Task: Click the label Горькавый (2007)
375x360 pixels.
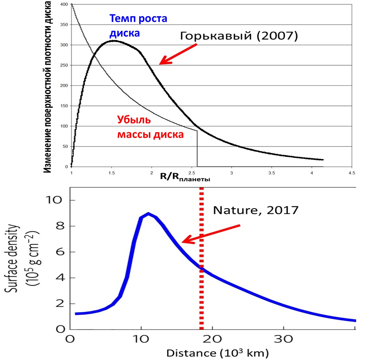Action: tap(239, 36)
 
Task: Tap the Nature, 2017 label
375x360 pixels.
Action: tap(256, 210)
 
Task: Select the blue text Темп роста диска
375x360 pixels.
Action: tap(138, 26)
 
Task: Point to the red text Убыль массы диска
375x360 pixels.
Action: tap(150, 127)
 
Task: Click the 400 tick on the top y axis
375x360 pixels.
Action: tap(65, 5)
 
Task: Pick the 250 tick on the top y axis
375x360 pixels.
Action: tap(65, 65)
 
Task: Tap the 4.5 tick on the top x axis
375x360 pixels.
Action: tap(352, 173)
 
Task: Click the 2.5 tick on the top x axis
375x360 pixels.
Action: tap(191, 173)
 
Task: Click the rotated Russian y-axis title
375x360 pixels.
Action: tap(47, 87)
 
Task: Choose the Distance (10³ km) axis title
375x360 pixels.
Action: tap(217, 353)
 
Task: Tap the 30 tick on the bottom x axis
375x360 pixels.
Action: tap(284, 339)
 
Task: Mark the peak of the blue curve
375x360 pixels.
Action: tap(148, 213)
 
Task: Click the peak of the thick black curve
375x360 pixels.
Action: tap(113, 40)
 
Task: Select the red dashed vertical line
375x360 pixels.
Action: tap(201, 258)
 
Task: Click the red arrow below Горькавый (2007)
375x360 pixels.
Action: tap(178, 54)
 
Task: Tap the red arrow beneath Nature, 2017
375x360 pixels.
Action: tap(211, 234)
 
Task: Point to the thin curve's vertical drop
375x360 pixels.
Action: tap(197, 149)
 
